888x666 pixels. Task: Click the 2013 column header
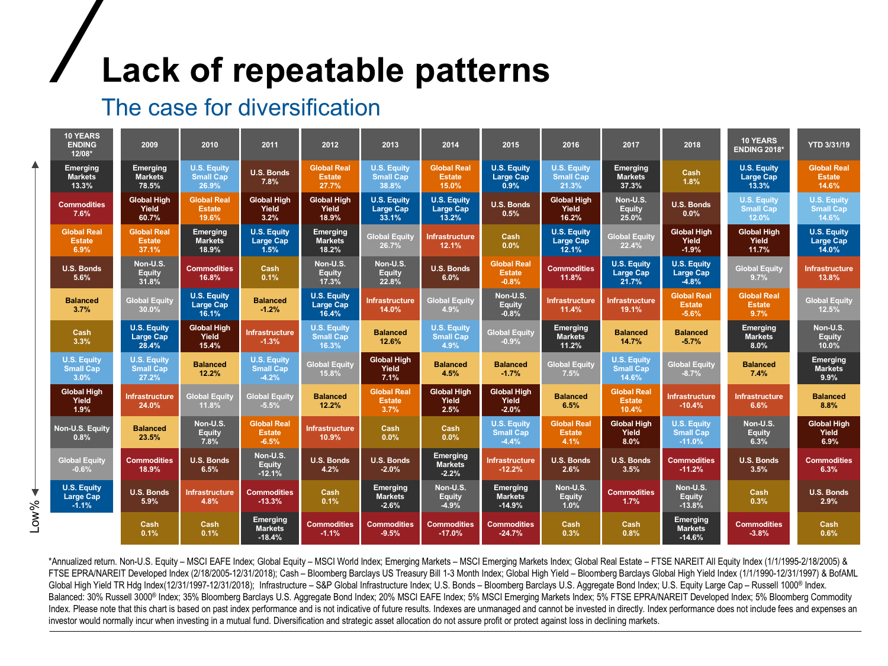pyautogui.click(x=390, y=144)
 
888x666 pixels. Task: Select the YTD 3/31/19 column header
pyautogui.click(x=828, y=144)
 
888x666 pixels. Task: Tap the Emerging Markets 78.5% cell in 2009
pyautogui.click(x=149, y=176)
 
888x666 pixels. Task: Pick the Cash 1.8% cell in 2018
pyautogui.click(x=691, y=176)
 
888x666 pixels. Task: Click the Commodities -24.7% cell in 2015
pyautogui.click(x=510, y=529)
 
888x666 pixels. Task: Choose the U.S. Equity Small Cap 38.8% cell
pyautogui.click(x=390, y=176)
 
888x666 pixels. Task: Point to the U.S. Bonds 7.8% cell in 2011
pyautogui.click(x=270, y=176)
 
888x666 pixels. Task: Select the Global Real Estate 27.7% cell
pyautogui.click(x=330, y=176)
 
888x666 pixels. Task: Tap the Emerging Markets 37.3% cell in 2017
pyautogui.click(x=631, y=176)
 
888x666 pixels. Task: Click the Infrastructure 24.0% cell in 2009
pyautogui.click(x=149, y=401)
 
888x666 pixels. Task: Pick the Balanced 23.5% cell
pyautogui.click(x=149, y=433)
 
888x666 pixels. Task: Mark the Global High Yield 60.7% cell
pyautogui.click(x=149, y=208)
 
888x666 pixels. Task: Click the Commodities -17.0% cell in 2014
pyautogui.click(x=451, y=529)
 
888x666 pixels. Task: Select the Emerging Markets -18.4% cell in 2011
pyautogui.click(x=270, y=529)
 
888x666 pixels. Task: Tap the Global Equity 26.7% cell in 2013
pyautogui.click(x=390, y=240)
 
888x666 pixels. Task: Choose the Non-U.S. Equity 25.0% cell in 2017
pyautogui.click(x=631, y=208)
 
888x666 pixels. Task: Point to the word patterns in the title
pyautogui.click(x=482, y=70)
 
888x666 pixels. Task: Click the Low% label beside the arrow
pyautogui.click(x=35, y=516)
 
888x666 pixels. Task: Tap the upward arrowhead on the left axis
pyautogui.click(x=36, y=165)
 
